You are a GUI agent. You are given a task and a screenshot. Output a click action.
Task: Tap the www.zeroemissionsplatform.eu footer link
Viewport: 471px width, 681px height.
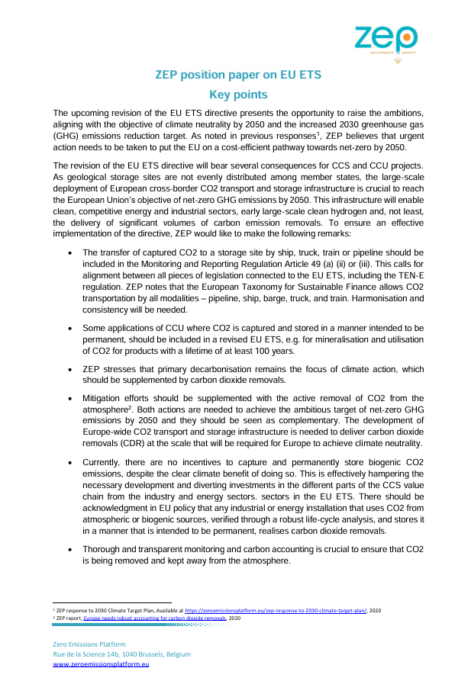pos(100,665)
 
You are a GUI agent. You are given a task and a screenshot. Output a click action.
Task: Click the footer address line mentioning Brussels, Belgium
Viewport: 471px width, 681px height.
pos(121,654)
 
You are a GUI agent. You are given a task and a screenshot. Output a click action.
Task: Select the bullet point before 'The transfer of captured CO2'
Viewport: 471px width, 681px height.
pos(70,252)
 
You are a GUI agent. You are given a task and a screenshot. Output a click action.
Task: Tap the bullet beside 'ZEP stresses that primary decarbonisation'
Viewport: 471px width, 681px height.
pos(70,369)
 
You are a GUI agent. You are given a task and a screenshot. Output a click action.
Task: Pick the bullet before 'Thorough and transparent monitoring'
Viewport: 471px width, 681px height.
pos(70,549)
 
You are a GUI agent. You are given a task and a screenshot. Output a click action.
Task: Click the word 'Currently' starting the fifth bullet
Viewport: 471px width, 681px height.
pos(105,462)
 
